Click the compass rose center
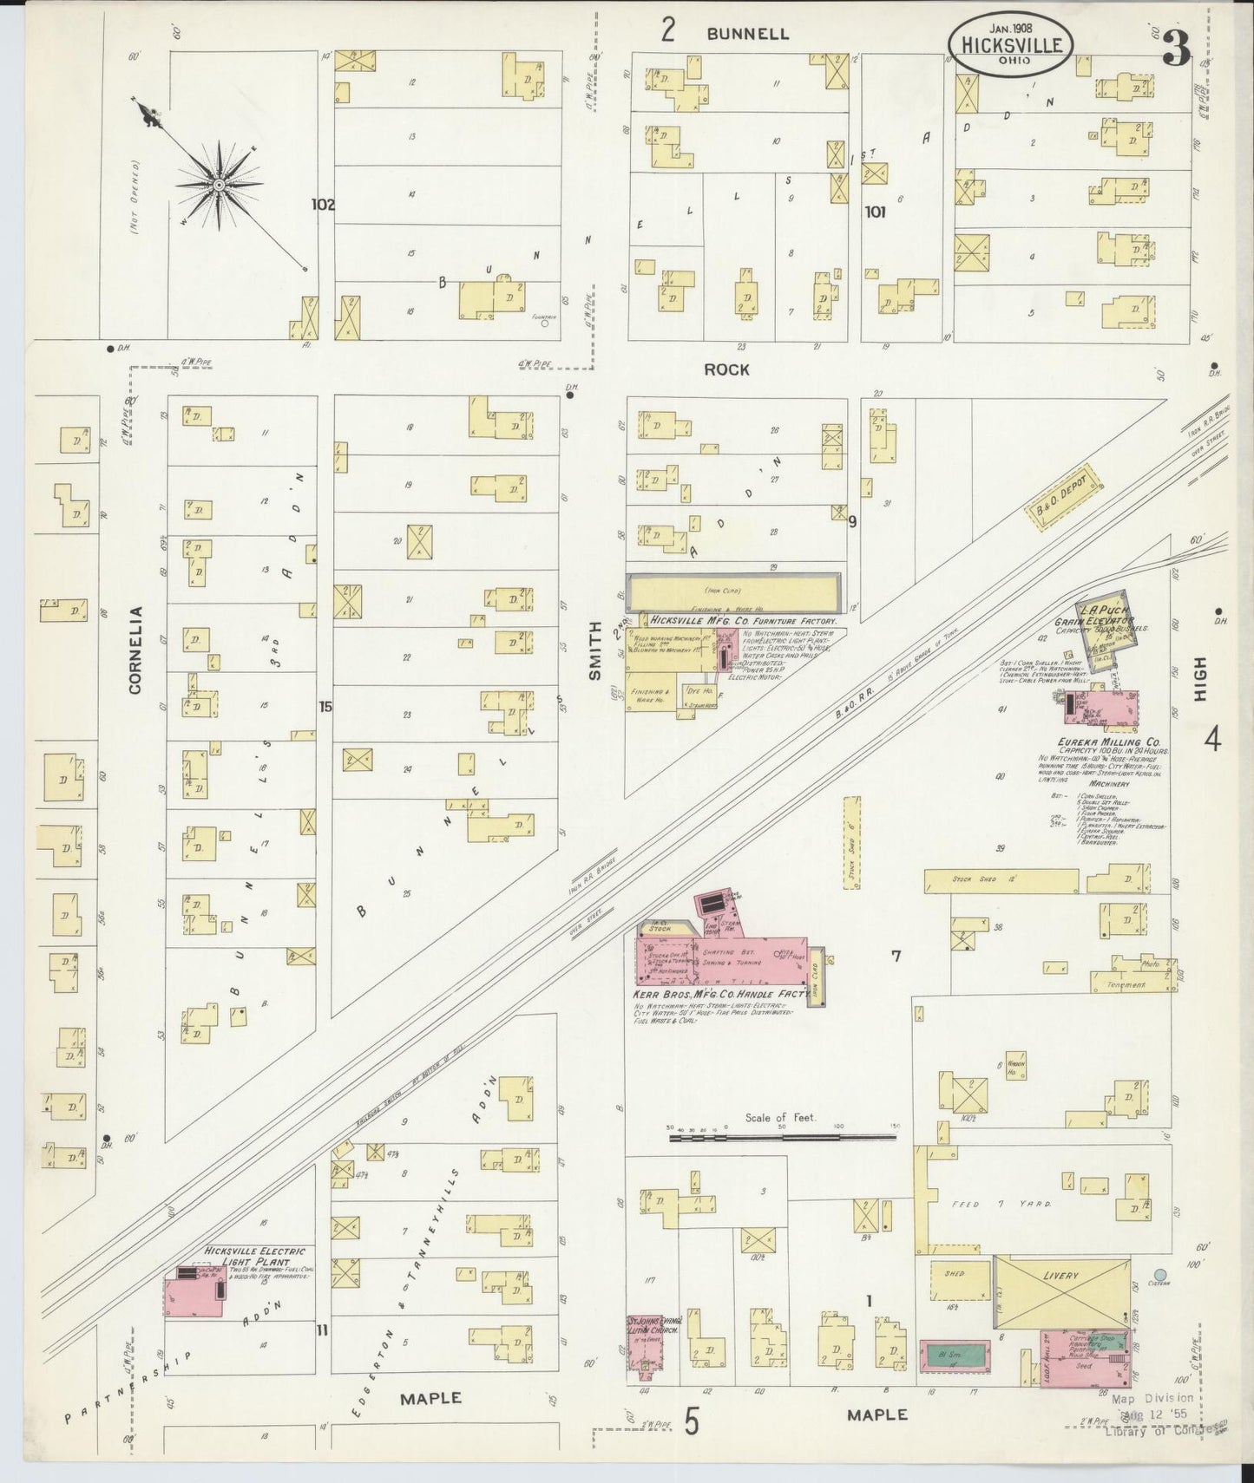220,184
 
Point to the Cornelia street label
135,650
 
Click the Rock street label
726,369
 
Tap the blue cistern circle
1160,1275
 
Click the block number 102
323,205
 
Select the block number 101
875,211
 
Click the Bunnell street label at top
747,34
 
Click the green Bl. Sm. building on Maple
953,1353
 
